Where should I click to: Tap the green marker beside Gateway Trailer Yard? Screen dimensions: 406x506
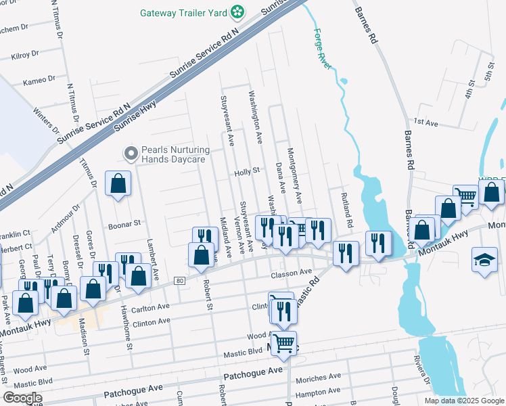237,12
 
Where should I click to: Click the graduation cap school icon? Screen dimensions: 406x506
485,261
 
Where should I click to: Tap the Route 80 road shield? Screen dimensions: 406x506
179,280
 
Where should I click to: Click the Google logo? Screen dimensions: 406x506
22,398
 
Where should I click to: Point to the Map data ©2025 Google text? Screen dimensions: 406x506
463,401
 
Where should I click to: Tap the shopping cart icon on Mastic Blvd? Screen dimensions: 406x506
284,343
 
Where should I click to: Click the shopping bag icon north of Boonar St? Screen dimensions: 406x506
118,183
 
